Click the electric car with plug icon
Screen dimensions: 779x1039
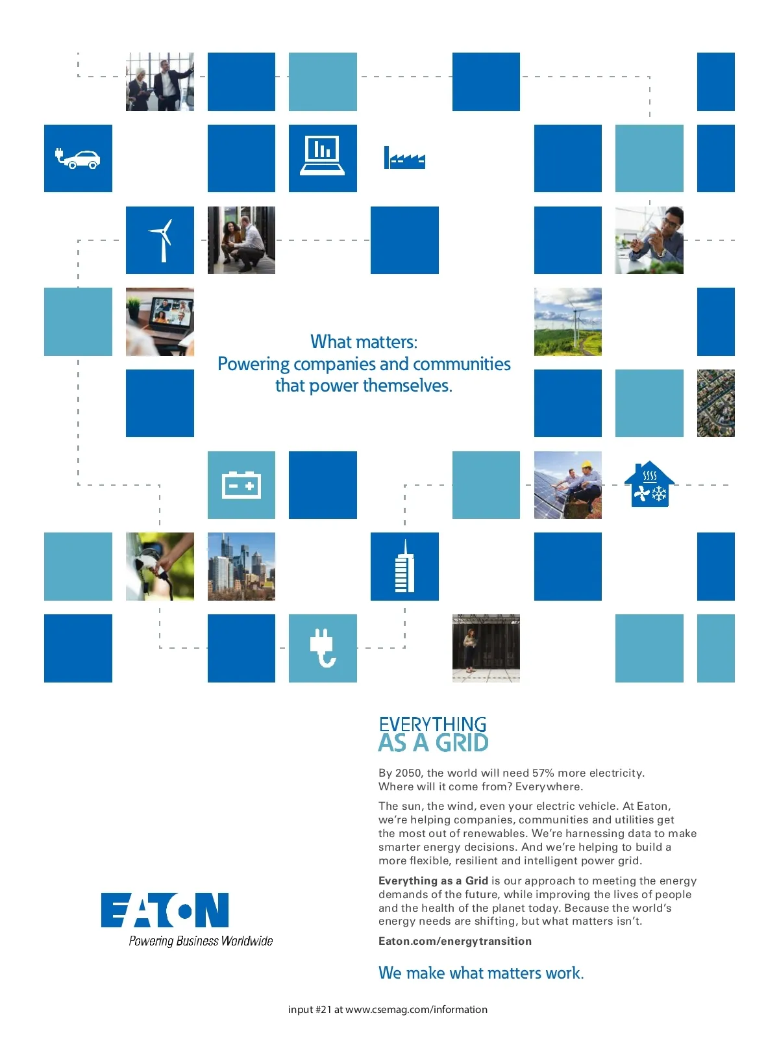[77, 158]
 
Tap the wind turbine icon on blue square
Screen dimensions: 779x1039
[162, 240]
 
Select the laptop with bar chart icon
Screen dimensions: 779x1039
[323, 155]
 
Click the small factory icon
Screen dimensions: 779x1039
[404, 158]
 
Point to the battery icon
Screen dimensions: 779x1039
[241, 484]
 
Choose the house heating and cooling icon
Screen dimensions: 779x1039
[649, 484]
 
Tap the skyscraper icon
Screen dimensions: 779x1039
[404, 566]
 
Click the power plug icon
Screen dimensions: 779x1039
[323, 648]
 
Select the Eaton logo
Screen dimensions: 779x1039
[165, 910]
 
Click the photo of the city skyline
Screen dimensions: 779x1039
[241, 566]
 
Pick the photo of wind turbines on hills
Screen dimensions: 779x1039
[567, 321]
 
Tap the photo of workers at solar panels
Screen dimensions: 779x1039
[567, 484]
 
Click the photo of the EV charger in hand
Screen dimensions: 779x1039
[160, 566]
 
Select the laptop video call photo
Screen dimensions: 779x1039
[160, 321]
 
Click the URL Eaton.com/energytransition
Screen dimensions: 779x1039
[454, 941]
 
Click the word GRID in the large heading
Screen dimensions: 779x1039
[462, 743]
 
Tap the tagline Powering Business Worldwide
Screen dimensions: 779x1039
[201, 940]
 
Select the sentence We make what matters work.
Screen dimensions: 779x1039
[481, 973]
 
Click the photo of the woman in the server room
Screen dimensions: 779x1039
[486, 648]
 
